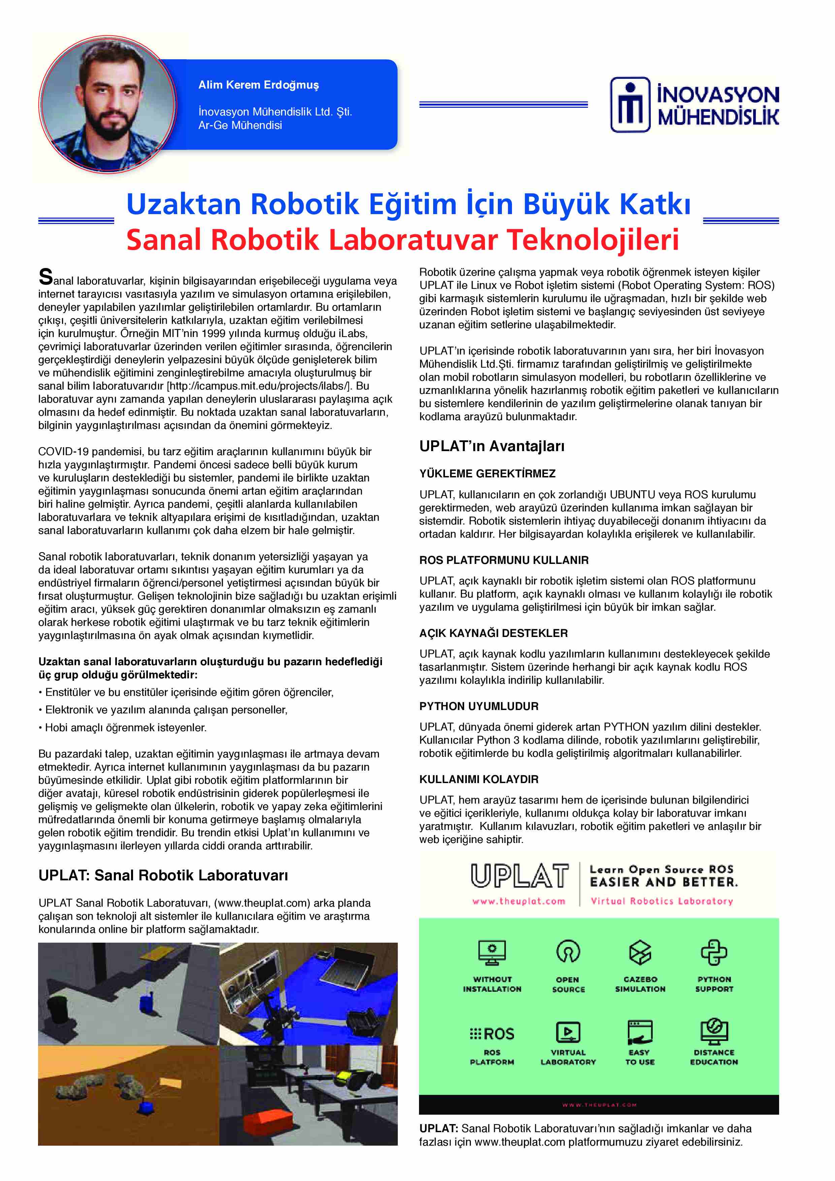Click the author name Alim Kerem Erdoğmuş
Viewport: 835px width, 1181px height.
[x=258, y=85]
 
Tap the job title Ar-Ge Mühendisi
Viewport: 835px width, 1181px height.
[x=240, y=125]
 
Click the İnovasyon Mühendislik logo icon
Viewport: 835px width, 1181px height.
[x=630, y=105]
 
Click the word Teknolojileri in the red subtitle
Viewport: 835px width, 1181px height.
[x=593, y=240]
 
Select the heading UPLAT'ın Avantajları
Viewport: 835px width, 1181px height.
[x=491, y=446]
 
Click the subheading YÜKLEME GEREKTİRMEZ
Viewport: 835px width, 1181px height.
[x=487, y=473]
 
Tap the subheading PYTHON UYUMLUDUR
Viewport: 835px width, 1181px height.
[x=478, y=706]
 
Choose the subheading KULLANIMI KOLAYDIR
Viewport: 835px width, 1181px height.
[x=478, y=779]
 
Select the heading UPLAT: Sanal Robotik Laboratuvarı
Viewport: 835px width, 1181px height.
[x=163, y=875]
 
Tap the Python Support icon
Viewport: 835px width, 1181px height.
[x=714, y=953]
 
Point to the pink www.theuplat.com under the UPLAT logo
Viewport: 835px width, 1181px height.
[x=519, y=901]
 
